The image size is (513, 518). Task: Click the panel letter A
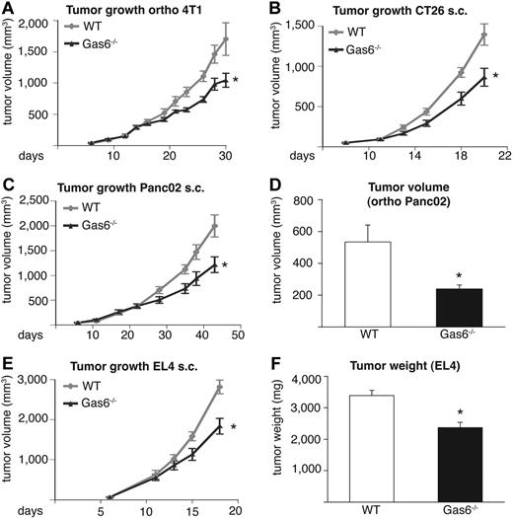(x=8, y=9)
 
